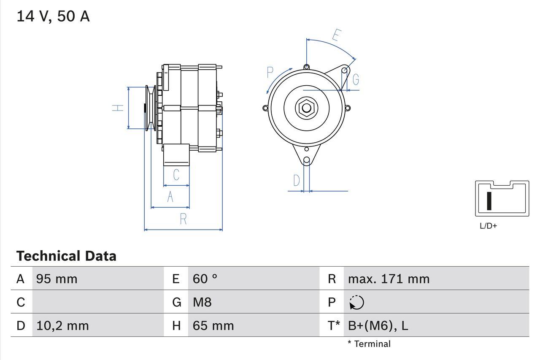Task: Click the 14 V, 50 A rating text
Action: tap(53, 16)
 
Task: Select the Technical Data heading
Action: tap(66, 256)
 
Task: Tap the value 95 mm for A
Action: tap(57, 279)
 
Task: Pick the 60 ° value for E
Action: tap(205, 279)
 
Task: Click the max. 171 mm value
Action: tap(389, 279)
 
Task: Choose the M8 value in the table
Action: tap(202, 302)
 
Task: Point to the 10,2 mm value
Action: tap(62, 326)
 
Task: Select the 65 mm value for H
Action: tap(213, 326)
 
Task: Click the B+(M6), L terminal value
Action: tap(378, 326)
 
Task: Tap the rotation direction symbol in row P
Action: tap(356, 302)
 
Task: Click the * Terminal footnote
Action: tap(369, 344)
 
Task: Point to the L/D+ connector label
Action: tap(488, 226)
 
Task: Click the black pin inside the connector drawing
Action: tap(489, 201)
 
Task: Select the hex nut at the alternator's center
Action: tap(306, 108)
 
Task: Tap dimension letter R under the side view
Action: tap(183, 219)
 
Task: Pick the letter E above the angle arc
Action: tap(336, 35)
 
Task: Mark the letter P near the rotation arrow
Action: tap(270, 73)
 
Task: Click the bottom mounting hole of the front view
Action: tap(307, 160)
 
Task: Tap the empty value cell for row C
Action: tap(97, 302)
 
